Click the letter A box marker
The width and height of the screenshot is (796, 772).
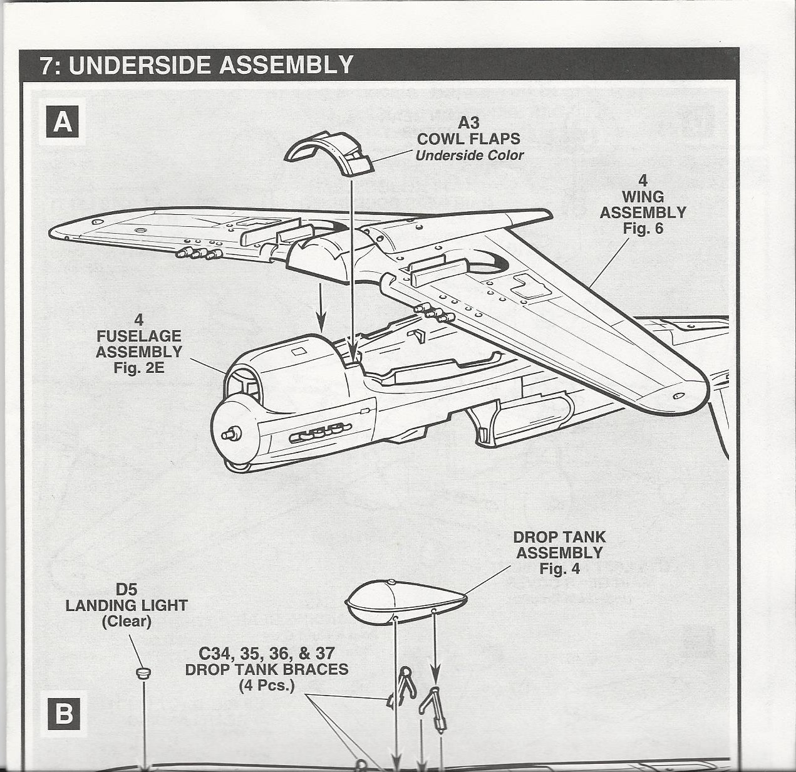(63, 122)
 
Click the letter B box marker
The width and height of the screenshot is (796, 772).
(63, 714)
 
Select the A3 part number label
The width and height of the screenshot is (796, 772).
(468, 122)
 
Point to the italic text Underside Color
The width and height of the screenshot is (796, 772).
(469, 155)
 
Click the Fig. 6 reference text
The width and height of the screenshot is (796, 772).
(643, 229)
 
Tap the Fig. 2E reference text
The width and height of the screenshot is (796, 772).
(139, 368)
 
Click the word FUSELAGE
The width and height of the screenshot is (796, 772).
(139, 336)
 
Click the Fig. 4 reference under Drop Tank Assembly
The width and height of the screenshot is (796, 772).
(559, 569)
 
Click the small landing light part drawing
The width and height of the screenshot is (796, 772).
(143, 673)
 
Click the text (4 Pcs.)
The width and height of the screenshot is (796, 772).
(266, 685)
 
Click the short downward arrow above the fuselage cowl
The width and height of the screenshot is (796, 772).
(321, 307)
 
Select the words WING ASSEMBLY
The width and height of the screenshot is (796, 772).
(643, 205)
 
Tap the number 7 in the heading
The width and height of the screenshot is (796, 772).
(45, 65)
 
